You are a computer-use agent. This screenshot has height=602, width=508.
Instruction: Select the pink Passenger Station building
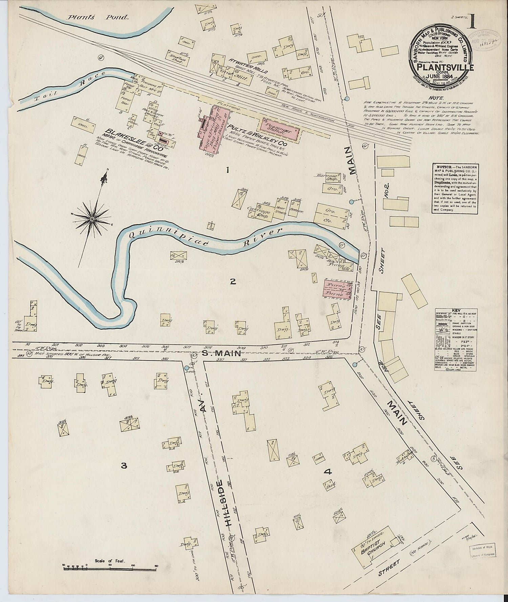(x=280, y=130)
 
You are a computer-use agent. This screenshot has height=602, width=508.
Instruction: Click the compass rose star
(x=92, y=220)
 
